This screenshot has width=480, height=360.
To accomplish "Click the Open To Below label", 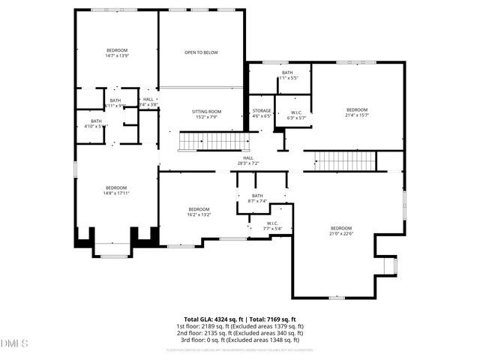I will (x=201, y=52).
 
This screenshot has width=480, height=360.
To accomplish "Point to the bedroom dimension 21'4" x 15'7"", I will (x=357, y=115).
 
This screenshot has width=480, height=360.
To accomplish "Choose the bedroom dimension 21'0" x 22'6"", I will (x=341, y=233).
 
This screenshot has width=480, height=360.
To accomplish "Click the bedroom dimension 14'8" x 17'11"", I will (x=116, y=193).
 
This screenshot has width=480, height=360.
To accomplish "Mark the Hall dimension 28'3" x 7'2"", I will (x=248, y=163).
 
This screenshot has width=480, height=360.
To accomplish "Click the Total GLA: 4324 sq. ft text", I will (x=210, y=319).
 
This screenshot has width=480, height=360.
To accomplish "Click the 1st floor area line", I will (x=240, y=326).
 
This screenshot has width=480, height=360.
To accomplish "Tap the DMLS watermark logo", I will (x=15, y=343).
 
